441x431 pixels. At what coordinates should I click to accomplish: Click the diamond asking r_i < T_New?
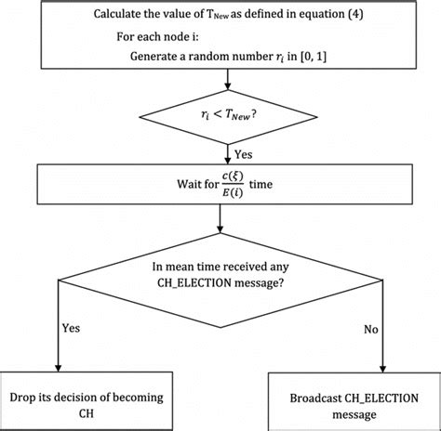pos(220,116)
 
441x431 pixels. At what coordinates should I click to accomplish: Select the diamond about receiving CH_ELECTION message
pos(220,280)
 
